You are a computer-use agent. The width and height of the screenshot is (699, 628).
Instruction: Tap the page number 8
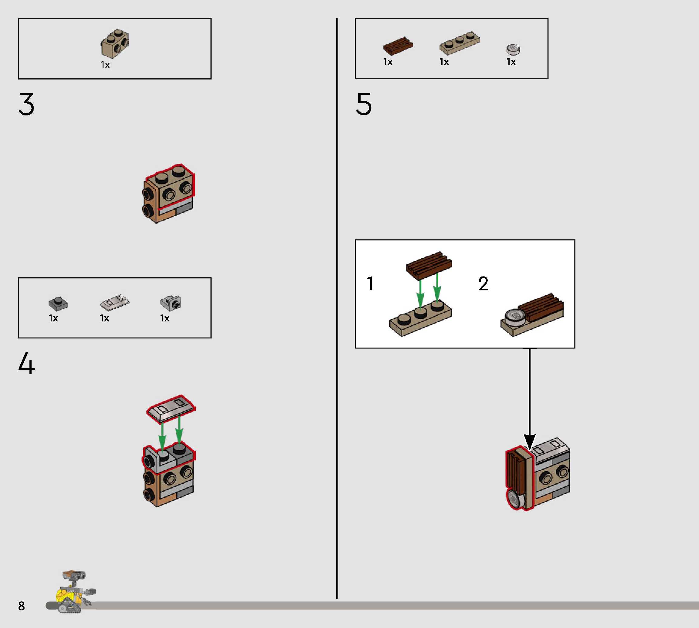tap(21, 606)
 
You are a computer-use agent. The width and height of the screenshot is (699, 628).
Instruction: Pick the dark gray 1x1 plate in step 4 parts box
tap(58, 303)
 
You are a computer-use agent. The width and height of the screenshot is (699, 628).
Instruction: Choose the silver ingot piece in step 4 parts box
tap(115, 302)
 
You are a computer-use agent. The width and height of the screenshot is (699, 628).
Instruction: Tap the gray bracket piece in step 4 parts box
tap(171, 303)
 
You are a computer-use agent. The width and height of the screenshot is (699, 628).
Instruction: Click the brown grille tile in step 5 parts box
tap(398, 46)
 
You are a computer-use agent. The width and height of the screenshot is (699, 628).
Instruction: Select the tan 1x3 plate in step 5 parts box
tap(460, 43)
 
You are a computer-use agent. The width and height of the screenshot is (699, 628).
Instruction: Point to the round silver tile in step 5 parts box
tap(513, 49)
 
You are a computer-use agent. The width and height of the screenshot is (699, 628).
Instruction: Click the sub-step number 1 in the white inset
tap(370, 284)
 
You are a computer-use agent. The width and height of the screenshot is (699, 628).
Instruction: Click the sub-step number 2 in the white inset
tap(483, 284)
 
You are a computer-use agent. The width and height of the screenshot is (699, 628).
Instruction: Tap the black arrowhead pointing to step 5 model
tap(530, 442)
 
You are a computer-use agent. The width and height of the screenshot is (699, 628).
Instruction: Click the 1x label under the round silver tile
tap(511, 62)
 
